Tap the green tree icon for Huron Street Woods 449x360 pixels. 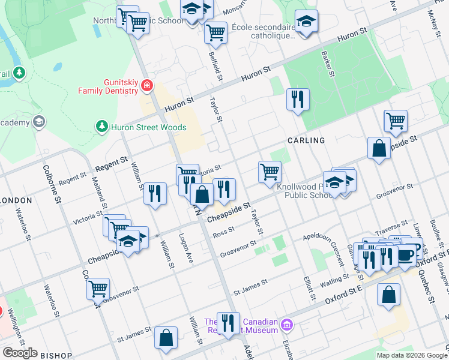101,127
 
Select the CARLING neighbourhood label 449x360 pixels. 306,140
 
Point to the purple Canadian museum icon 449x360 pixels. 288,325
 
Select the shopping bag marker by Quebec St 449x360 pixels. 389,295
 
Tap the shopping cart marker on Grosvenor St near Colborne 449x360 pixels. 98,288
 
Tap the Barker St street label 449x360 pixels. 328,64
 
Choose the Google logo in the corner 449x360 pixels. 20,353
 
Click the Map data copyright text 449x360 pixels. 412,355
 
